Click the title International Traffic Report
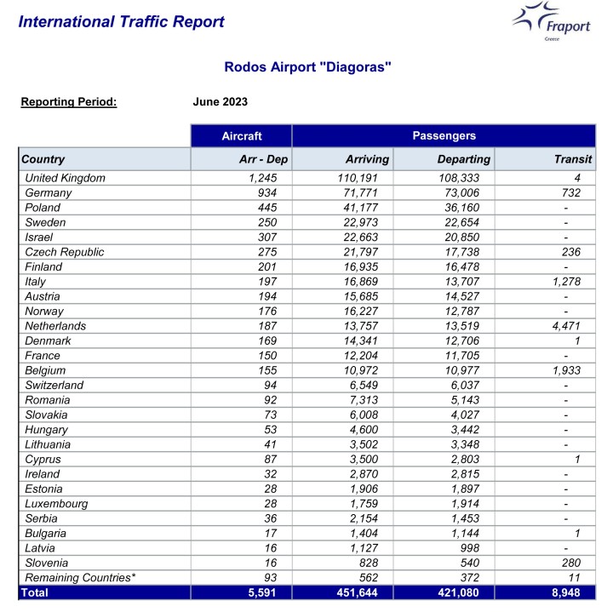click(121, 22)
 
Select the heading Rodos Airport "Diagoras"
click(307, 66)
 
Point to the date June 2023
click(221, 102)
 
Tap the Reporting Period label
click(68, 102)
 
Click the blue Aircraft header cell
click(242, 135)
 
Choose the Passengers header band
click(444, 135)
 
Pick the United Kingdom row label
click(66, 178)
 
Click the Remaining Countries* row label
click(80, 578)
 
